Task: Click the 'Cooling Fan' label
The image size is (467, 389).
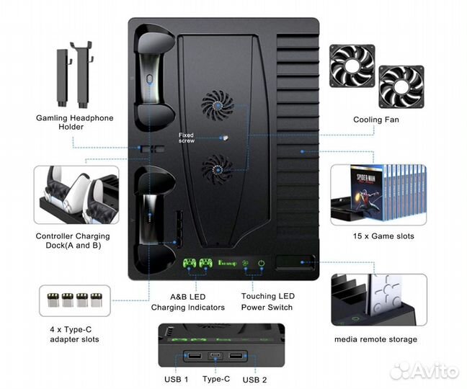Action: pos(375,120)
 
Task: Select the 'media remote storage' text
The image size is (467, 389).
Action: pos(375,339)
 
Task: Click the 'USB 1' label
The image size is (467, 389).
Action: pos(176,379)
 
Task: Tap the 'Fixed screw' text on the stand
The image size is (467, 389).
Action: pos(187,138)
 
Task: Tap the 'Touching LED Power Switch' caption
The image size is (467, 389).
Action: pos(267,302)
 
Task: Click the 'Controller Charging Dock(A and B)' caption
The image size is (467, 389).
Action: pos(73,241)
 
